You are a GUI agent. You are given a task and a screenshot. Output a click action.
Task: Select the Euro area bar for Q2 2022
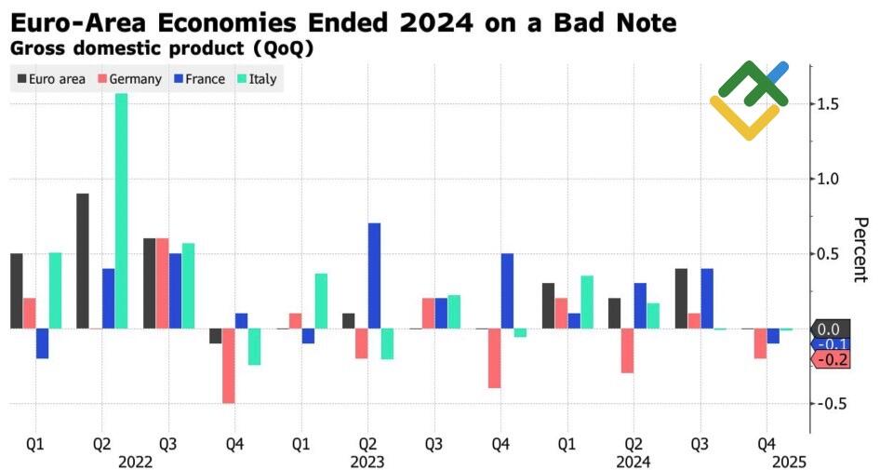coord(83,261)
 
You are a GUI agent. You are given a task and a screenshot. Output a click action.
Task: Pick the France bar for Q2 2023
coord(374,275)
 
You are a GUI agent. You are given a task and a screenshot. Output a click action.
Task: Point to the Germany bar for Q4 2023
coord(494,358)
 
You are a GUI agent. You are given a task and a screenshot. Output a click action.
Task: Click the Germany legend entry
coord(129,79)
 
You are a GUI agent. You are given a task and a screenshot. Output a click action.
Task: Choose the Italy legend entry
coord(255,79)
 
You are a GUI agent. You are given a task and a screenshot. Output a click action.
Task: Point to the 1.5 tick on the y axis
coord(830,103)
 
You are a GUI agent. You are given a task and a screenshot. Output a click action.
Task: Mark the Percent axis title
coord(860,249)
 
